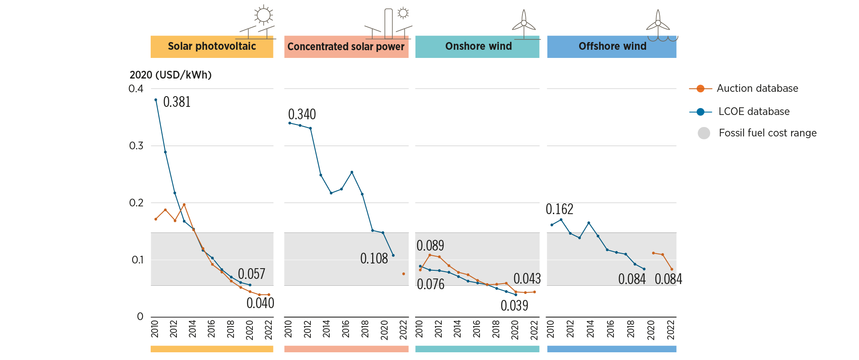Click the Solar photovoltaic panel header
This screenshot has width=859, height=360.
click(212, 46)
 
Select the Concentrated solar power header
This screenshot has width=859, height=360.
click(346, 47)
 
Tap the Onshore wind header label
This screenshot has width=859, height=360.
click(478, 46)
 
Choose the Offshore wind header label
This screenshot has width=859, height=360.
click(612, 46)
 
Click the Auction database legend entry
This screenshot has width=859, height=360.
click(757, 88)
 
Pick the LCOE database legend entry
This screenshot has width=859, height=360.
click(754, 112)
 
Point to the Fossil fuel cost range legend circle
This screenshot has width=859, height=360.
click(704, 133)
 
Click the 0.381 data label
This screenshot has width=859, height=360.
click(177, 102)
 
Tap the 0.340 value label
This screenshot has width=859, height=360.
click(302, 115)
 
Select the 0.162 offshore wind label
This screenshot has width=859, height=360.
click(559, 209)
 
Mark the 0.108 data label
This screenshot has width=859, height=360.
click(374, 259)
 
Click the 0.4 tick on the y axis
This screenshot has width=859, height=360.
click(136, 89)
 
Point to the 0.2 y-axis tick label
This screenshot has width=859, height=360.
click(136, 203)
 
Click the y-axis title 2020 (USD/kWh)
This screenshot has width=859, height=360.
click(170, 75)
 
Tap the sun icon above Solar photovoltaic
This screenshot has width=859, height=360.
click(263, 15)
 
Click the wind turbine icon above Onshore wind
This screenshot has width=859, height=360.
click(524, 24)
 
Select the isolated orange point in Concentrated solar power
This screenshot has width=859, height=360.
click(404, 274)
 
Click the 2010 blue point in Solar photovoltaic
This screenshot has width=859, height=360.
click(155, 100)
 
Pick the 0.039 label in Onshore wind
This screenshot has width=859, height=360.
click(514, 306)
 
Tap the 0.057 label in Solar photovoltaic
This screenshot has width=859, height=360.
click(252, 274)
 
